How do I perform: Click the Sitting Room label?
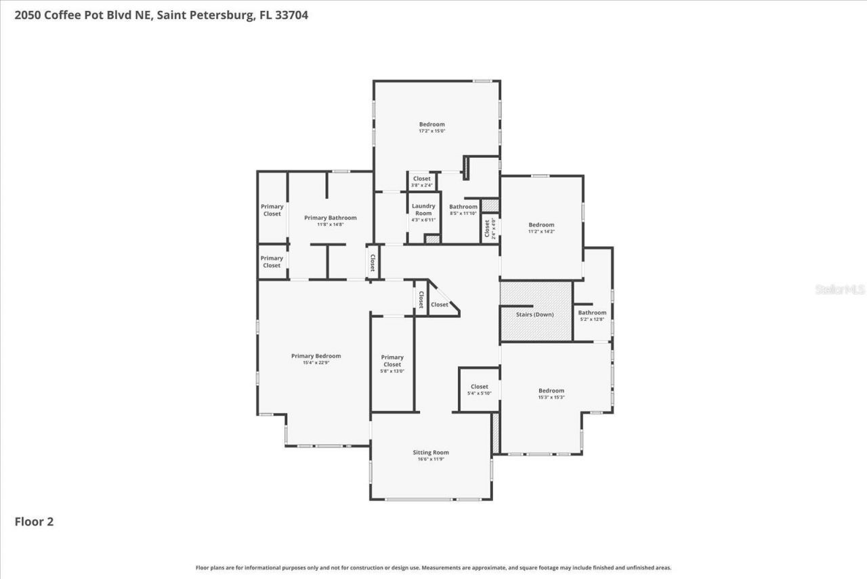[x=431, y=452]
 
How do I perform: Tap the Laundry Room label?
[x=423, y=209]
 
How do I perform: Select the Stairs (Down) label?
[x=534, y=315]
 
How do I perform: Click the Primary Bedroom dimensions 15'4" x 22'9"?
[x=316, y=363]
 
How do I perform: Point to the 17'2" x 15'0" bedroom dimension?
[x=431, y=131]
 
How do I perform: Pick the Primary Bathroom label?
[x=330, y=218]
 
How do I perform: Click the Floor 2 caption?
[x=34, y=521]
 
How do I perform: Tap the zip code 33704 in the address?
[x=291, y=15]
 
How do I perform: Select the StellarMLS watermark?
[x=840, y=289]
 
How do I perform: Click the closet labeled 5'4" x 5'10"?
[x=479, y=390]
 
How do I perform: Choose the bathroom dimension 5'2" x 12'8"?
[x=592, y=319]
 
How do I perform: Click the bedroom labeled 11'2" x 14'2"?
[x=541, y=228]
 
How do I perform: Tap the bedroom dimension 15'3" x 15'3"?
[x=551, y=397]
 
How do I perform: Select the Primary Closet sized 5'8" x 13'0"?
[x=392, y=364]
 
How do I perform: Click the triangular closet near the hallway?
[x=440, y=304]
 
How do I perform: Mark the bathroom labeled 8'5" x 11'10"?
[x=463, y=209]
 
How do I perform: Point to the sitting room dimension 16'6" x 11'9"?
[x=431, y=460]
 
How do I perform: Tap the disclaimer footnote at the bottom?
[x=433, y=567]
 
